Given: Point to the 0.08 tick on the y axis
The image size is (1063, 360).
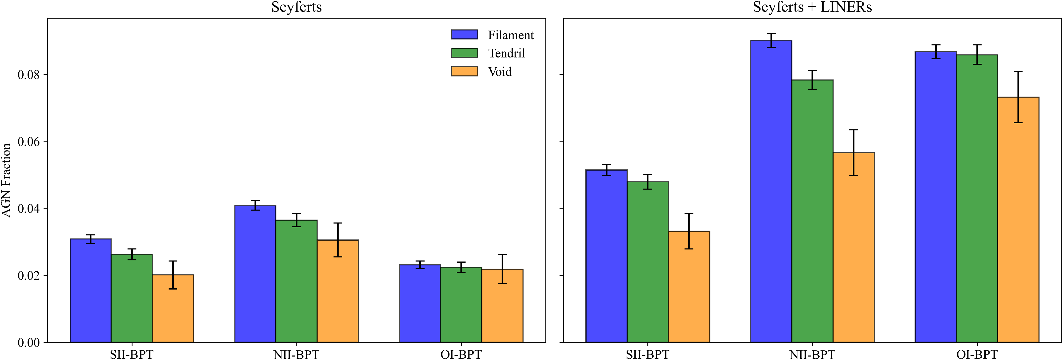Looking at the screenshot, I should (x=29, y=75).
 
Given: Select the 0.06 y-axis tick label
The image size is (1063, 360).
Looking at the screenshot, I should (x=29, y=142).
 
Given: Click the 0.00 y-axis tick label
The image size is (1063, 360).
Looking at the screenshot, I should (x=29, y=342).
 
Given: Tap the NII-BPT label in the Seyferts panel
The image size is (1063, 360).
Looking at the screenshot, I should (x=296, y=354).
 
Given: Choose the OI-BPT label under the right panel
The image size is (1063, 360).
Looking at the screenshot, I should (x=977, y=354).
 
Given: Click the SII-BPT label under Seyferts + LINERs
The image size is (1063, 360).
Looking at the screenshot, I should (x=647, y=354).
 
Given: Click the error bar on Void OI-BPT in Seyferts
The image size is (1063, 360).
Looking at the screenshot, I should (x=502, y=269).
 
